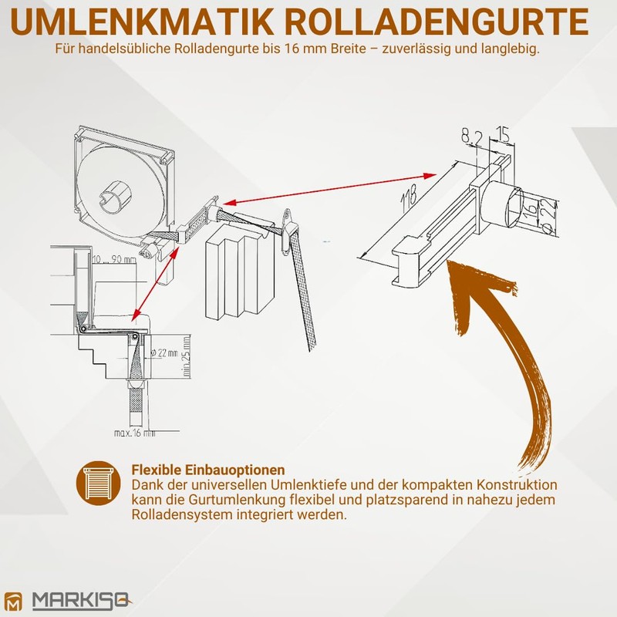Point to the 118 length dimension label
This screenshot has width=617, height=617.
pos(408,202)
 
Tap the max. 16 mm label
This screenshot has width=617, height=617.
pos(133,433)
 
